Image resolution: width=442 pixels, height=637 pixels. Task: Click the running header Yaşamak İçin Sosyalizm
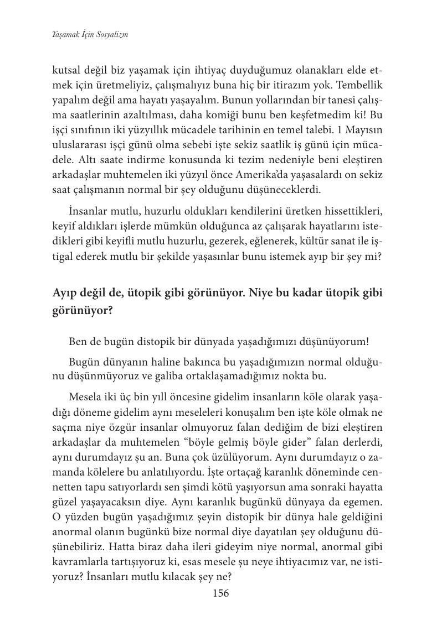[90, 34]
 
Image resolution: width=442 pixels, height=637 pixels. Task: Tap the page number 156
[220, 593]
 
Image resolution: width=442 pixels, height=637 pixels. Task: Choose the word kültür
[287, 241]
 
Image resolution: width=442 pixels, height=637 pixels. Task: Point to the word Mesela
[85, 398]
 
